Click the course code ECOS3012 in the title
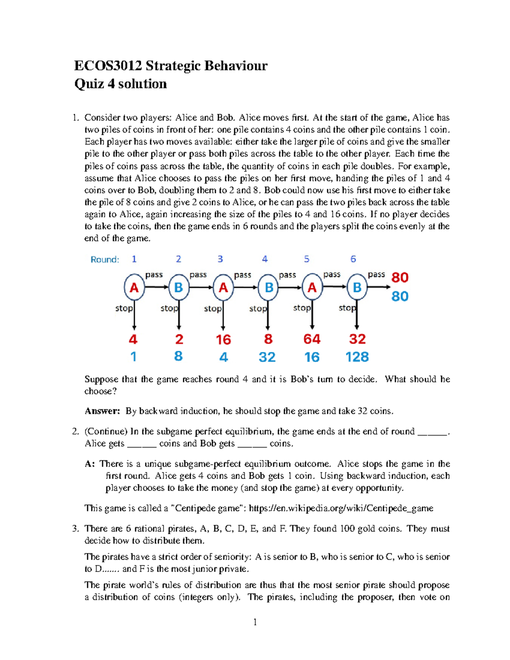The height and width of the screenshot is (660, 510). point(108,66)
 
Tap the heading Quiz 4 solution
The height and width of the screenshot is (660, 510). point(120,84)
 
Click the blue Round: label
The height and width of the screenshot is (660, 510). point(105,260)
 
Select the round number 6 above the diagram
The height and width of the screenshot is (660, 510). point(353,259)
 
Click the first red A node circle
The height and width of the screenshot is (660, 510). point(134,288)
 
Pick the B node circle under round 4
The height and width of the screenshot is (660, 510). point(268,288)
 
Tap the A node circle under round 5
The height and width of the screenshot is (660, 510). point(312,288)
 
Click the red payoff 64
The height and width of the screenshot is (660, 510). point(312,339)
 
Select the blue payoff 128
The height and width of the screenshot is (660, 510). point(357,357)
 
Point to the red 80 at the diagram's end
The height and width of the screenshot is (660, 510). point(399,278)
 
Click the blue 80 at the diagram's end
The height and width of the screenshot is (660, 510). point(399,296)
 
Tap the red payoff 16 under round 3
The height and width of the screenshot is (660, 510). point(223,340)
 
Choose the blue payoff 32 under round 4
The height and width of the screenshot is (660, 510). point(267,357)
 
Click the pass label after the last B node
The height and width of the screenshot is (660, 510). point(376,275)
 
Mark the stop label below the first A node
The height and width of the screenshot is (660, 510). point(124,308)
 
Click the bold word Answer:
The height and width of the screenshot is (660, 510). point(102,411)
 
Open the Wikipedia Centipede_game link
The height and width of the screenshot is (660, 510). point(341,508)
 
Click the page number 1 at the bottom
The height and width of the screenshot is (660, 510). point(255,623)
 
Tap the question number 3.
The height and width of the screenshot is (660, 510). point(75,529)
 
